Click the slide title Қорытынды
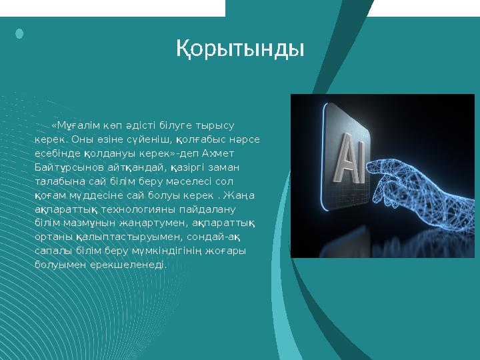[240, 48]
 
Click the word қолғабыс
[202, 139]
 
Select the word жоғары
[229, 251]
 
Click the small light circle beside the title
[19, 33]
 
